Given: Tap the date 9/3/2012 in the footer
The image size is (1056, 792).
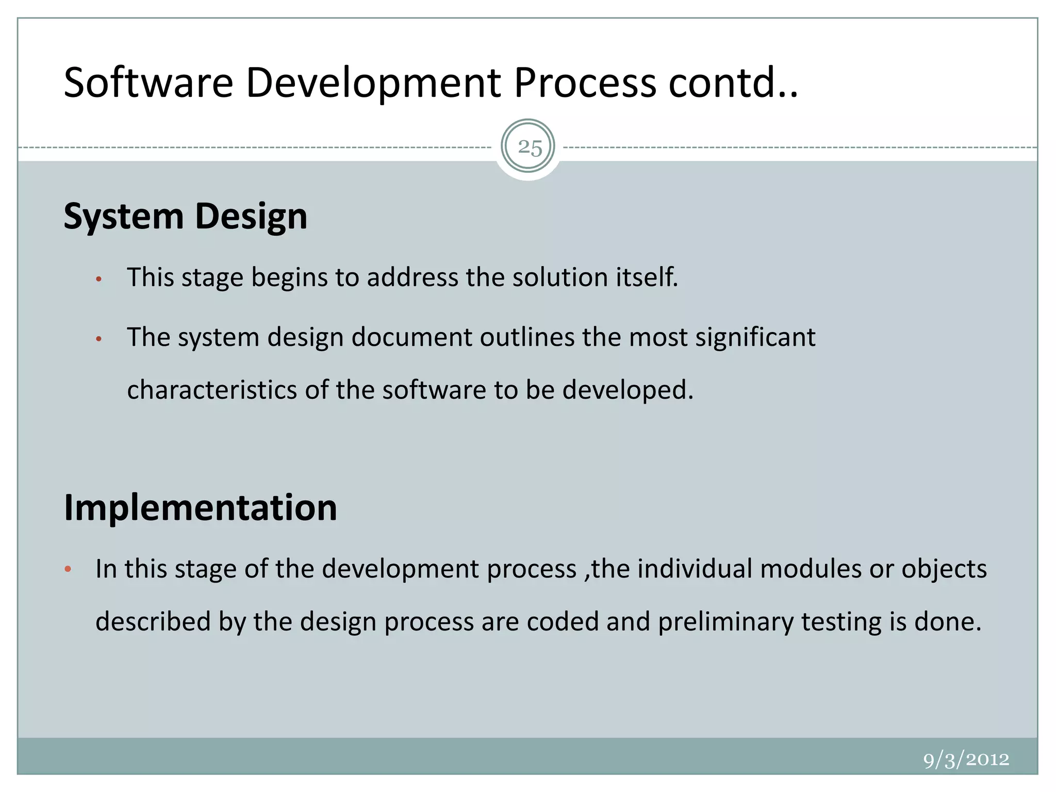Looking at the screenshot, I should coord(966,760).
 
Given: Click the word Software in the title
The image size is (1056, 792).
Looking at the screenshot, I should coord(148,82).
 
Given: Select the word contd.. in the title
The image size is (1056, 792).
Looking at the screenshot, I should coord(733,82).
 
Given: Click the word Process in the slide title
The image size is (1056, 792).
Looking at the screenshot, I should coord(585,82).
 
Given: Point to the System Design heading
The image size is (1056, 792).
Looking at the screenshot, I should coord(186,216).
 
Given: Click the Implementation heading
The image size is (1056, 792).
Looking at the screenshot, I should coord(200,508).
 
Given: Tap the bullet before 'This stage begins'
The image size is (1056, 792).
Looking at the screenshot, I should coord(99,279).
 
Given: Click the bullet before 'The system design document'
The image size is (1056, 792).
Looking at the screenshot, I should coord(99,339).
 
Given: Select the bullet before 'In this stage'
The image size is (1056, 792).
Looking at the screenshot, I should coord(68,570).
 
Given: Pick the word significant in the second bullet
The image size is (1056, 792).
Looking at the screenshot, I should coord(755,338).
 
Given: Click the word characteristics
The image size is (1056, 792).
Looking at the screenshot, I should coord(212,390).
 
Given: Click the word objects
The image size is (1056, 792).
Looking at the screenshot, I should coord(944,570).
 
